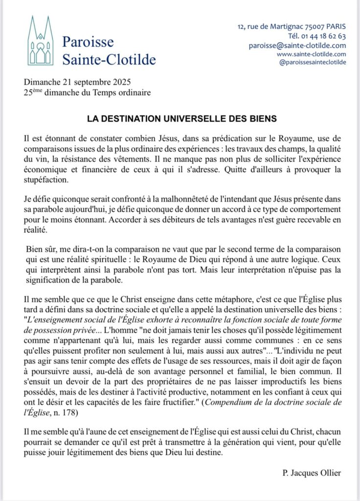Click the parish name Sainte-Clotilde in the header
click(109, 60)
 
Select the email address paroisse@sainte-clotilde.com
click(297, 45)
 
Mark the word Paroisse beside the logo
click(88, 42)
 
